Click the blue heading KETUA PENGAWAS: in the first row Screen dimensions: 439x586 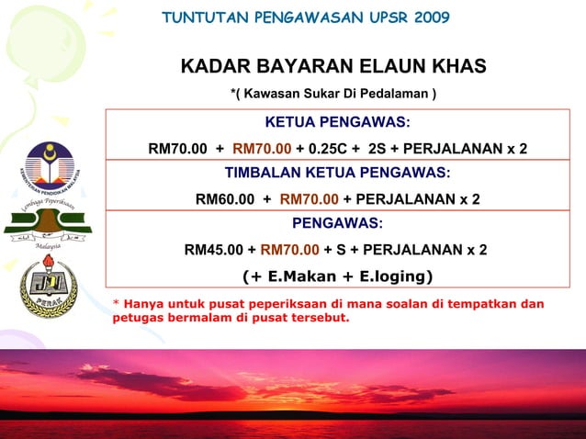coord(337,123)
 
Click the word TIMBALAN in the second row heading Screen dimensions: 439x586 coord(263,173)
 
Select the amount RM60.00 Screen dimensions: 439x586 coord(226,199)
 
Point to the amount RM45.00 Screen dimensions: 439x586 coord(214,249)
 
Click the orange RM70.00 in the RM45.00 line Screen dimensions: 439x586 coord(290,249)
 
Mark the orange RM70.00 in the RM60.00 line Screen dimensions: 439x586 coord(309,199)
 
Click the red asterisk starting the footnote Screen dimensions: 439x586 coord(116,304)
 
